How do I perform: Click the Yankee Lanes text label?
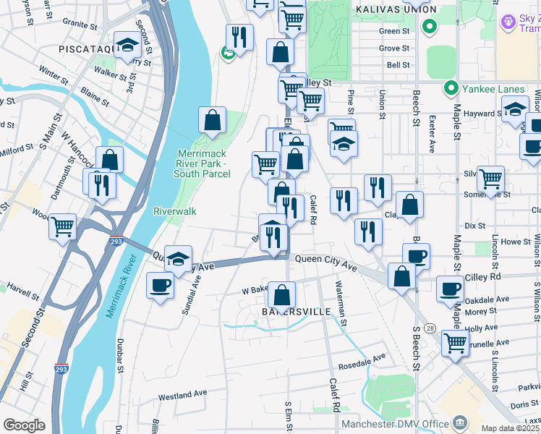[495, 89]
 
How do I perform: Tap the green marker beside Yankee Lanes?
[452, 89]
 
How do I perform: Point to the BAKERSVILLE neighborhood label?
[296, 311]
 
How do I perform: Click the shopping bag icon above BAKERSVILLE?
[282, 294]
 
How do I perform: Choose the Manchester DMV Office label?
[394, 423]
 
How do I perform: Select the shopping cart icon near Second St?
[63, 226]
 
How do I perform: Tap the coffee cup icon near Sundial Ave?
[160, 285]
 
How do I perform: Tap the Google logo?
[24, 425]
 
